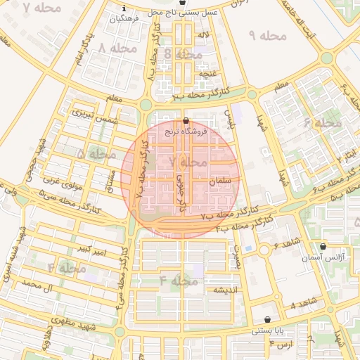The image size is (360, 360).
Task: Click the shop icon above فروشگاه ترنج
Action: [x=186, y=121]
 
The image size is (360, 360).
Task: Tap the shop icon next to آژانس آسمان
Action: [x=323, y=247]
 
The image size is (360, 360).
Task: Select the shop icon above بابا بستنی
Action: [x=267, y=320]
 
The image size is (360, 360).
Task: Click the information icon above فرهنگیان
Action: [x=124, y=9]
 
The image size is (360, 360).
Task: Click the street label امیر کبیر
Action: [x=93, y=249]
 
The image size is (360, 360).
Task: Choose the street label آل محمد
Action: [x=38, y=283]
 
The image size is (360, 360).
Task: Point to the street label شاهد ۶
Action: [x=288, y=243]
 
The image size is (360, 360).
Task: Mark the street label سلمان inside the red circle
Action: [x=220, y=181]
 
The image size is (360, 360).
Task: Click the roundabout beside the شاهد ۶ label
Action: [x=264, y=250]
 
